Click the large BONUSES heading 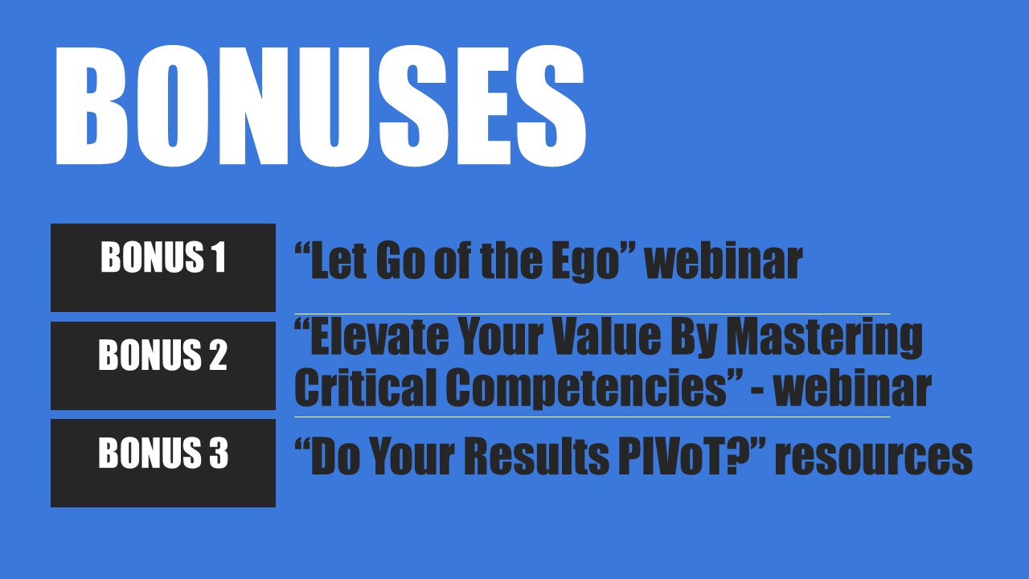coord(320,105)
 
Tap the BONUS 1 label coord(163,257)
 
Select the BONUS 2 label coord(162,355)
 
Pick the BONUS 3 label coord(163,453)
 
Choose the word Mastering coord(824,340)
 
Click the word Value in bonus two coord(606,337)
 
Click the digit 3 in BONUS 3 coord(219,453)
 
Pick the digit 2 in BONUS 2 coord(218,355)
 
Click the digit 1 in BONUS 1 coord(219,257)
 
